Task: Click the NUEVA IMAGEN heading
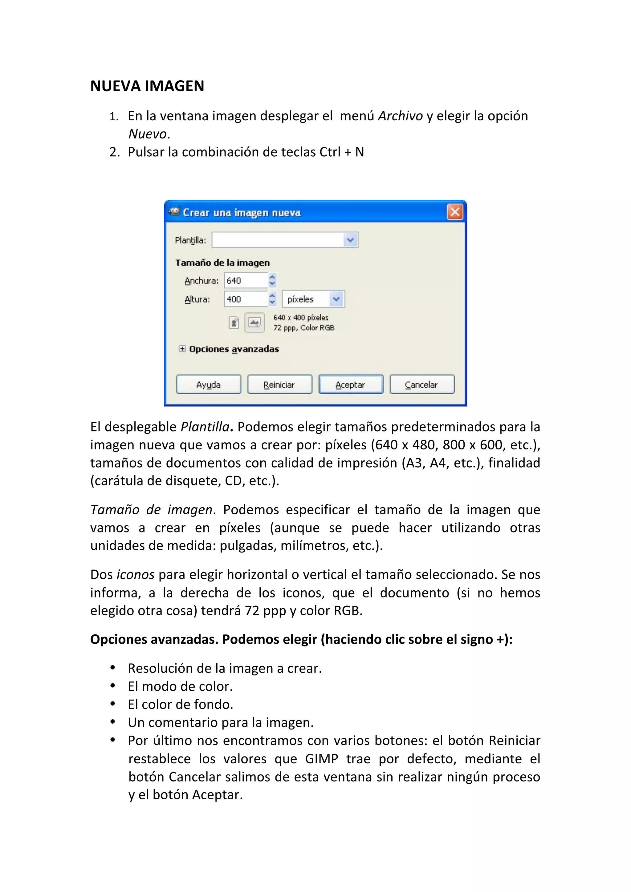[147, 86]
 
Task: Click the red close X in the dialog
[454, 212]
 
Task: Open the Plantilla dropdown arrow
[350, 240]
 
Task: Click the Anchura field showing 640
[246, 280]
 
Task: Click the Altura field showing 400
[246, 299]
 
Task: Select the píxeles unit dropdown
[313, 299]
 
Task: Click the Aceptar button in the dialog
[350, 385]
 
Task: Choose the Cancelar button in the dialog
[421, 385]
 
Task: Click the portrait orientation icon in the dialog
[234, 323]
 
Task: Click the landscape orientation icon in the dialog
[254, 323]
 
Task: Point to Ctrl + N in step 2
[341, 152]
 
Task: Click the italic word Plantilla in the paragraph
[205, 427]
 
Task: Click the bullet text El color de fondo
[181, 704]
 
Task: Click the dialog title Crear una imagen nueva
[242, 212]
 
